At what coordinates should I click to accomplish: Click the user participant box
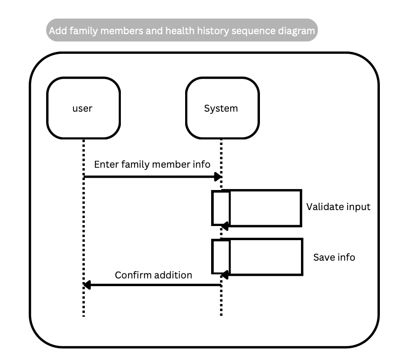pyautogui.click(x=83, y=108)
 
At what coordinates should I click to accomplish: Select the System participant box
pyautogui.click(x=222, y=108)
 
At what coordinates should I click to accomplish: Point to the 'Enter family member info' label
pyautogui.click(x=152, y=164)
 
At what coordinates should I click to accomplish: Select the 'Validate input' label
pyautogui.click(x=338, y=206)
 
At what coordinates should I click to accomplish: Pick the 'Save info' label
pyautogui.click(x=334, y=257)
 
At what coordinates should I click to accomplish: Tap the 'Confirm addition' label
pyautogui.click(x=153, y=275)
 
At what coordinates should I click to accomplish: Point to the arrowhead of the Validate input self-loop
pyautogui.click(x=225, y=226)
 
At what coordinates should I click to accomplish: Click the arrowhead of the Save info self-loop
pyautogui.click(x=225, y=275)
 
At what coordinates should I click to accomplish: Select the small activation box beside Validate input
pyautogui.click(x=221, y=208)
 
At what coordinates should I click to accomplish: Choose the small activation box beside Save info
pyautogui.click(x=221, y=257)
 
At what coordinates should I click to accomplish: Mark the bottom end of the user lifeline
pyautogui.click(x=84, y=315)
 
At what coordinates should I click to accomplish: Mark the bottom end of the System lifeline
pyautogui.click(x=221, y=315)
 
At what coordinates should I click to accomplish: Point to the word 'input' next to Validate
pyautogui.click(x=358, y=206)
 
